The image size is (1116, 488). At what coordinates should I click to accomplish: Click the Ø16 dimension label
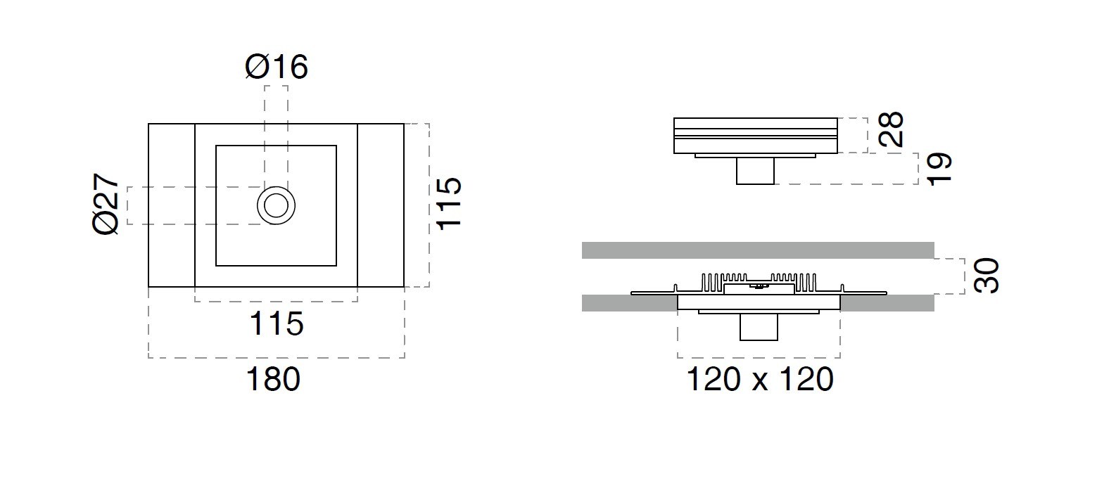pyautogui.click(x=277, y=68)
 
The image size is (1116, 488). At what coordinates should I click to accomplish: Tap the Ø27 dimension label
pyautogui.click(x=106, y=204)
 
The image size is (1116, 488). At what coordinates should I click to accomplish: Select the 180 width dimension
pyautogui.click(x=274, y=380)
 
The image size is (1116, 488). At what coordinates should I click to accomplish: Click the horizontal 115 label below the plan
pyautogui.click(x=277, y=323)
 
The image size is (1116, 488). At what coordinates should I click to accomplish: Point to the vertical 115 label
pyautogui.click(x=450, y=203)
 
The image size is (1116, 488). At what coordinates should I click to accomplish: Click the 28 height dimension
pyautogui.click(x=891, y=129)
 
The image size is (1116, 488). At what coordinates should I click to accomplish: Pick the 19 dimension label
pyautogui.click(x=939, y=169)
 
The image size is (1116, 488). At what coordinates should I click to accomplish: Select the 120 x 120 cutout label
pyautogui.click(x=760, y=380)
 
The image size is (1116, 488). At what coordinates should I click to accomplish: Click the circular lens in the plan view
pyautogui.click(x=276, y=205)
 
